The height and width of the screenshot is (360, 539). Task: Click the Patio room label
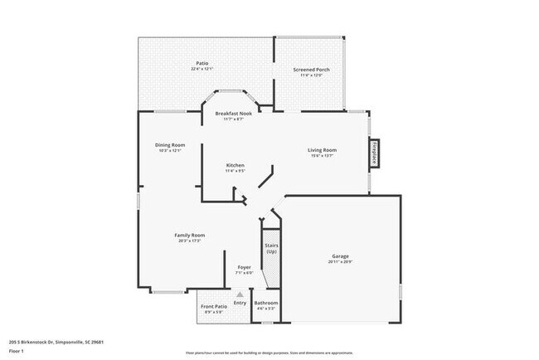pyautogui.click(x=202, y=63)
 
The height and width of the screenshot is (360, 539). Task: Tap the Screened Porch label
pyautogui.click(x=312, y=70)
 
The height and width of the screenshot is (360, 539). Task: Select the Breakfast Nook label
pyautogui.click(x=233, y=114)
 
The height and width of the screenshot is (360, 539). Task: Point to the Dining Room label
pyautogui.click(x=169, y=145)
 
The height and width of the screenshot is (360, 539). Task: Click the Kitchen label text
pyautogui.click(x=236, y=166)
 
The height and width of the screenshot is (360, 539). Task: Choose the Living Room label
pyautogui.click(x=322, y=150)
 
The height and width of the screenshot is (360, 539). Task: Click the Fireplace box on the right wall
pyautogui.click(x=375, y=154)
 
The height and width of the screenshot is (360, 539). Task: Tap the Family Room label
pyautogui.click(x=189, y=236)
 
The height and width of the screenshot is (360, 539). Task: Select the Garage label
pyautogui.click(x=341, y=256)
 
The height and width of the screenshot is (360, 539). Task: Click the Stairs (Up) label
pyautogui.click(x=270, y=248)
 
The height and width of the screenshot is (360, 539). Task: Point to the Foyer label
pyautogui.click(x=244, y=267)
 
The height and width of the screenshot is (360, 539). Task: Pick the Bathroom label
pyautogui.click(x=266, y=304)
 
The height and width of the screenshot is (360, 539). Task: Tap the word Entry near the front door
pyautogui.click(x=240, y=303)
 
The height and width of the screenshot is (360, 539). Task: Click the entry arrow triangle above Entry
pyautogui.click(x=240, y=294)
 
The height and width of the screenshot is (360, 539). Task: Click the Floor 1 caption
pyautogui.click(x=17, y=351)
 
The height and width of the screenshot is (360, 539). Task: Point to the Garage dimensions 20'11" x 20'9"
pyautogui.click(x=341, y=262)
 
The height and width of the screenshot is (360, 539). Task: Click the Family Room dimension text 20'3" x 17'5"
pyautogui.click(x=189, y=241)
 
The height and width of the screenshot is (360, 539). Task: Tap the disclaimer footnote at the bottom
pyautogui.click(x=269, y=353)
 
